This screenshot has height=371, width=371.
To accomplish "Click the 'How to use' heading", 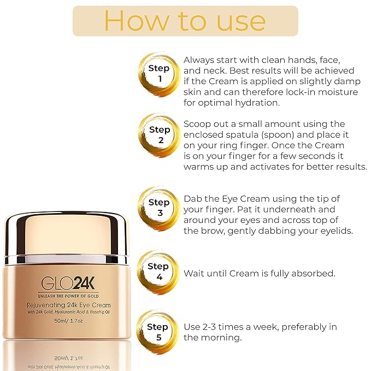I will click(185, 21).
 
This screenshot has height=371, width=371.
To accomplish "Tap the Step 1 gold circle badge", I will click(159, 73).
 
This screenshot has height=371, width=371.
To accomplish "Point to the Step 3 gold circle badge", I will click(159, 207).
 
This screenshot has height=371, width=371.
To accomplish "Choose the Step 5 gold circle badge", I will click(159, 332).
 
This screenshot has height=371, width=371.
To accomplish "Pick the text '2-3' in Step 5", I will click(211, 327).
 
